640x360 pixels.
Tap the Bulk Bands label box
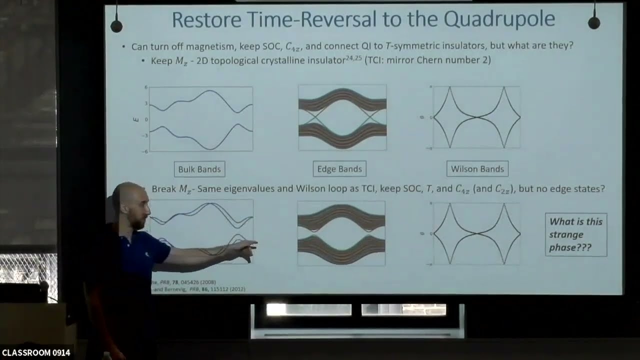pyautogui.click(x=199, y=169)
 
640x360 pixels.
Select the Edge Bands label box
pyautogui.click(x=339, y=169)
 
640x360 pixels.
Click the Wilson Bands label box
pyautogui.click(x=477, y=169)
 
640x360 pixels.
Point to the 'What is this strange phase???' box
pyautogui.click(x=575, y=234)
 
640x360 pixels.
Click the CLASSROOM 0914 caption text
pyautogui.click(x=36, y=353)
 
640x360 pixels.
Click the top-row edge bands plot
pyautogui.click(x=342, y=117)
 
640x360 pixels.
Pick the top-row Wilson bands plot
pyautogui.click(x=476, y=117)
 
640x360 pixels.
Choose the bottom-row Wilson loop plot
pyautogui.click(x=477, y=233)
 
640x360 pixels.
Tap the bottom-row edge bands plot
pyautogui.click(x=341, y=233)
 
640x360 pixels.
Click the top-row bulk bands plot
pyautogui.click(x=201, y=119)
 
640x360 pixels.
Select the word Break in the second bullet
pyautogui.click(x=163, y=189)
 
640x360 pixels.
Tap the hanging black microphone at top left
pyautogui.click(x=116, y=25)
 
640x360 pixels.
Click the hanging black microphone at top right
pyautogui.click(x=594, y=22)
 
